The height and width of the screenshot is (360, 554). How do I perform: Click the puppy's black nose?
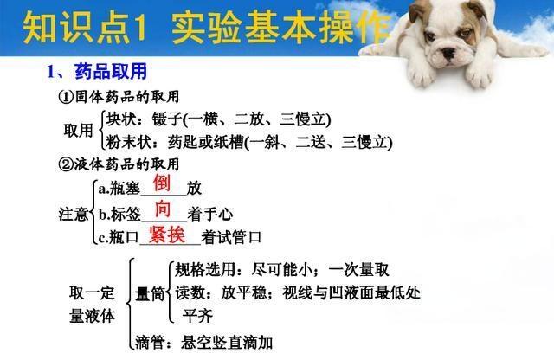click(x=449, y=54)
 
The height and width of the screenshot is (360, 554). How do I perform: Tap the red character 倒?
click(x=162, y=183)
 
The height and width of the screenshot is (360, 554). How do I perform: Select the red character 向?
click(x=163, y=209)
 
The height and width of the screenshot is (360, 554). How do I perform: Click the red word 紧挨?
click(x=167, y=234)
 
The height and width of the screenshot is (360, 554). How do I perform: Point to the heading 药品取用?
click(x=111, y=72)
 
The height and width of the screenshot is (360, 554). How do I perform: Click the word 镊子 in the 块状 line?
click(x=167, y=119)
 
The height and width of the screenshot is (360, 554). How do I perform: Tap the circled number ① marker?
click(x=66, y=97)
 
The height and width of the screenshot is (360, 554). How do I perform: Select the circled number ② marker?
click(x=66, y=164)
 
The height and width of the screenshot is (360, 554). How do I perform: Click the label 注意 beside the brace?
click(x=73, y=214)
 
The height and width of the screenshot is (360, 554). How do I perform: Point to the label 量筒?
click(x=150, y=293)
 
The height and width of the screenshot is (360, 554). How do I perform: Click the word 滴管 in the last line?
click(x=150, y=343)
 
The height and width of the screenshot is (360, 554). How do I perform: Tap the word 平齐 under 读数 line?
click(x=197, y=316)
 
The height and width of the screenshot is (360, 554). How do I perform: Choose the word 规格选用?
click(x=205, y=270)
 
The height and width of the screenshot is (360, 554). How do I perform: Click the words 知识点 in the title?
click(x=75, y=28)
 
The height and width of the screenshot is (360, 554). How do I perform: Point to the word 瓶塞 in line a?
click(x=125, y=189)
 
